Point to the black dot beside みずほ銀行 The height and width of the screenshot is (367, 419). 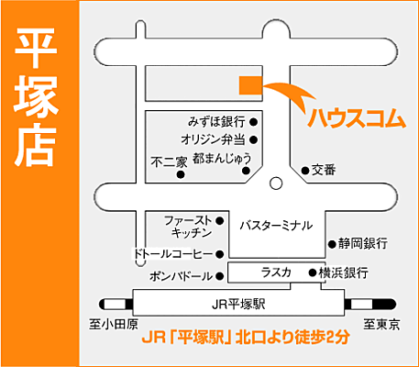point(253,121)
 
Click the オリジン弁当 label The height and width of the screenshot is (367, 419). point(214,139)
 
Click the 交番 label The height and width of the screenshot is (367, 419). point(325,170)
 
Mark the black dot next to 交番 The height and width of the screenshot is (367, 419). point(305,170)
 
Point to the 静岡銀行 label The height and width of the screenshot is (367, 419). point(362,244)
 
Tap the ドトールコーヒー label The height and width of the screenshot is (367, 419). point(173,253)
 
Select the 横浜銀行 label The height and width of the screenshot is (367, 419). point(344,273)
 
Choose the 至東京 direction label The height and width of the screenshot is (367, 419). point(380,325)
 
